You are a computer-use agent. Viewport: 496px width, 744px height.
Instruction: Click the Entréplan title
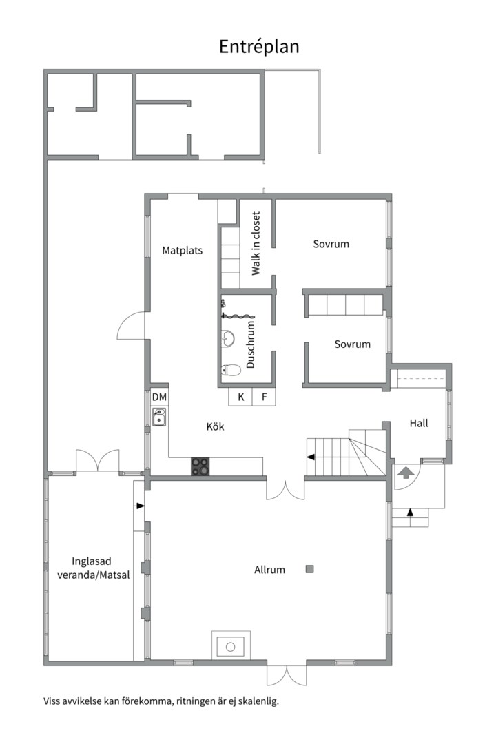point(259,47)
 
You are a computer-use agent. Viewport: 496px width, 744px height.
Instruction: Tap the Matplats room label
point(183,251)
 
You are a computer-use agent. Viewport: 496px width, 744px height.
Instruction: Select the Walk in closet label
point(256,243)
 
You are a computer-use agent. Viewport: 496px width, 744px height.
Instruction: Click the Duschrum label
point(251,344)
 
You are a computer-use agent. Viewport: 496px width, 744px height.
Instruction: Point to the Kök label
point(215,426)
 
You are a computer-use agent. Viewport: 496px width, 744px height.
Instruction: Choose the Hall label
point(419,423)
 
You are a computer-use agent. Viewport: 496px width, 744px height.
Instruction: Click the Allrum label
point(269,570)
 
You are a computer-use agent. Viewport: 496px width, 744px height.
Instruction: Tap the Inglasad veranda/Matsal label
point(93,568)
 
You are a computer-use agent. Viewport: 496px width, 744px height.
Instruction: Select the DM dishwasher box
point(160,397)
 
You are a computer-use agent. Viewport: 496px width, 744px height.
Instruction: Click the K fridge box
point(240,397)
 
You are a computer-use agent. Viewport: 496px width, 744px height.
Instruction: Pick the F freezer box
point(265,397)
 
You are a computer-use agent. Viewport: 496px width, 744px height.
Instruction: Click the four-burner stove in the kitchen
point(200,466)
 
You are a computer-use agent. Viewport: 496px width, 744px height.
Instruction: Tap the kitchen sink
point(159,417)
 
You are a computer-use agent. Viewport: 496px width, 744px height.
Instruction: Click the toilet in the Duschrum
point(231,370)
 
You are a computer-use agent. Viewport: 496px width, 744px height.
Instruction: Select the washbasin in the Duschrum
point(228,339)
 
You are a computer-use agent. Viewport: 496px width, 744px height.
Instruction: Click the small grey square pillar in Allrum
point(309,569)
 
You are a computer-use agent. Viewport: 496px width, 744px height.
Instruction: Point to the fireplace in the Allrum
point(231,645)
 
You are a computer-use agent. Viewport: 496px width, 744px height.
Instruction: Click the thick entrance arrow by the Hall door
point(406,473)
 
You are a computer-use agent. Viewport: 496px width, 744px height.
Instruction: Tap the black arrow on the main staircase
point(311,457)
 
